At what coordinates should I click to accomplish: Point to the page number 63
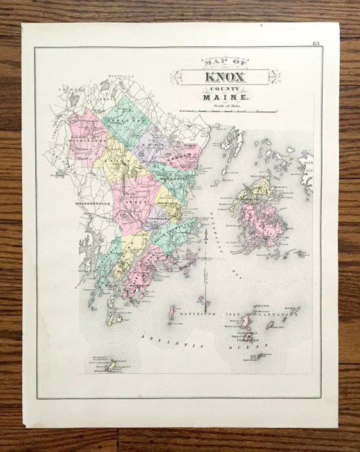pos(316,43)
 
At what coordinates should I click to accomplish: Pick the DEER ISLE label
pos(308,169)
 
